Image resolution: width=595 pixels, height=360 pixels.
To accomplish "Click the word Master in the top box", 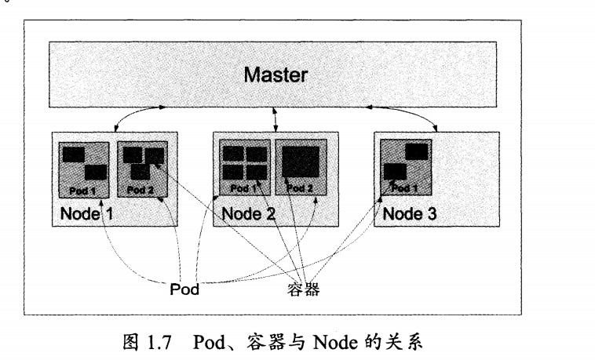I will (275, 75).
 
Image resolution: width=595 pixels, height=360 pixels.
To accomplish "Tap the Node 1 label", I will (82, 213).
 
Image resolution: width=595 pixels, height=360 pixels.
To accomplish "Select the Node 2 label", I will (246, 213).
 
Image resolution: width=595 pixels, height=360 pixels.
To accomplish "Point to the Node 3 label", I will (407, 213).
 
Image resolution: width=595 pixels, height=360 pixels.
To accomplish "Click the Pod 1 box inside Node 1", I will (86, 168).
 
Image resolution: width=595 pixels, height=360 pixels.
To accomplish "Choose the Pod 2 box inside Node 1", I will (141, 168).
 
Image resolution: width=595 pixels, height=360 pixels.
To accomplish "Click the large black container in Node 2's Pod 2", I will (301, 162).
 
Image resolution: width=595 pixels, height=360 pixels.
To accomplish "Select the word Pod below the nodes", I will (184, 289).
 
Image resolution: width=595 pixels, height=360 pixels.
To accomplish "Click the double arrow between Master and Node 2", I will (275, 120).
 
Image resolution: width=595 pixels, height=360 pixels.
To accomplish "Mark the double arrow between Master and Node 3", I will (414, 120).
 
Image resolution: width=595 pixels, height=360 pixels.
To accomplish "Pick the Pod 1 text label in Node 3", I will (404, 188).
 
